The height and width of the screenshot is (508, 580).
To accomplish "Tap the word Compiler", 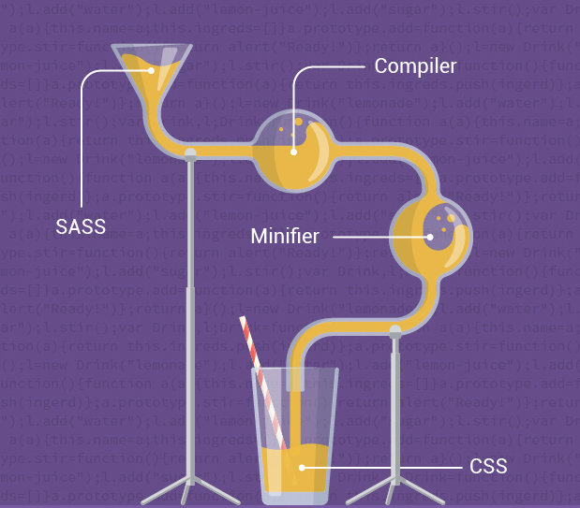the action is tap(415, 66).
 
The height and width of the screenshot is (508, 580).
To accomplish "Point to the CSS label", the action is tap(488, 465).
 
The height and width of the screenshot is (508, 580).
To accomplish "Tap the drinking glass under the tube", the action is tap(296, 440).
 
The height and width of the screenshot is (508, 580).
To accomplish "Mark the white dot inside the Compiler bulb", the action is tap(292, 152).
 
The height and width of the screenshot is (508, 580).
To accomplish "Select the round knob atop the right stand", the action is tap(394, 329).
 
